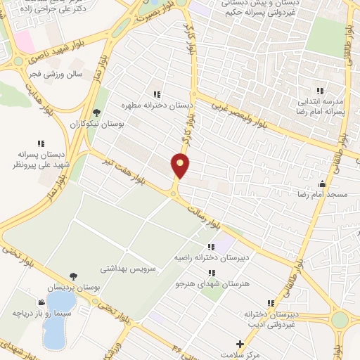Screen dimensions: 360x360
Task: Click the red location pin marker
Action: click(180, 165)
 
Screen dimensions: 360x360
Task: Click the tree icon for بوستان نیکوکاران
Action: click(96, 111)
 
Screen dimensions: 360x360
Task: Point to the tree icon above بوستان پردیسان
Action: click(73, 277)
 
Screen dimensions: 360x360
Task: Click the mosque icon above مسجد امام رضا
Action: click(323, 184)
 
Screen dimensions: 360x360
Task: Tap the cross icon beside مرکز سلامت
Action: click(240, 345)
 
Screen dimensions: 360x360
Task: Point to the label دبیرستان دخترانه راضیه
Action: click(199, 259)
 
